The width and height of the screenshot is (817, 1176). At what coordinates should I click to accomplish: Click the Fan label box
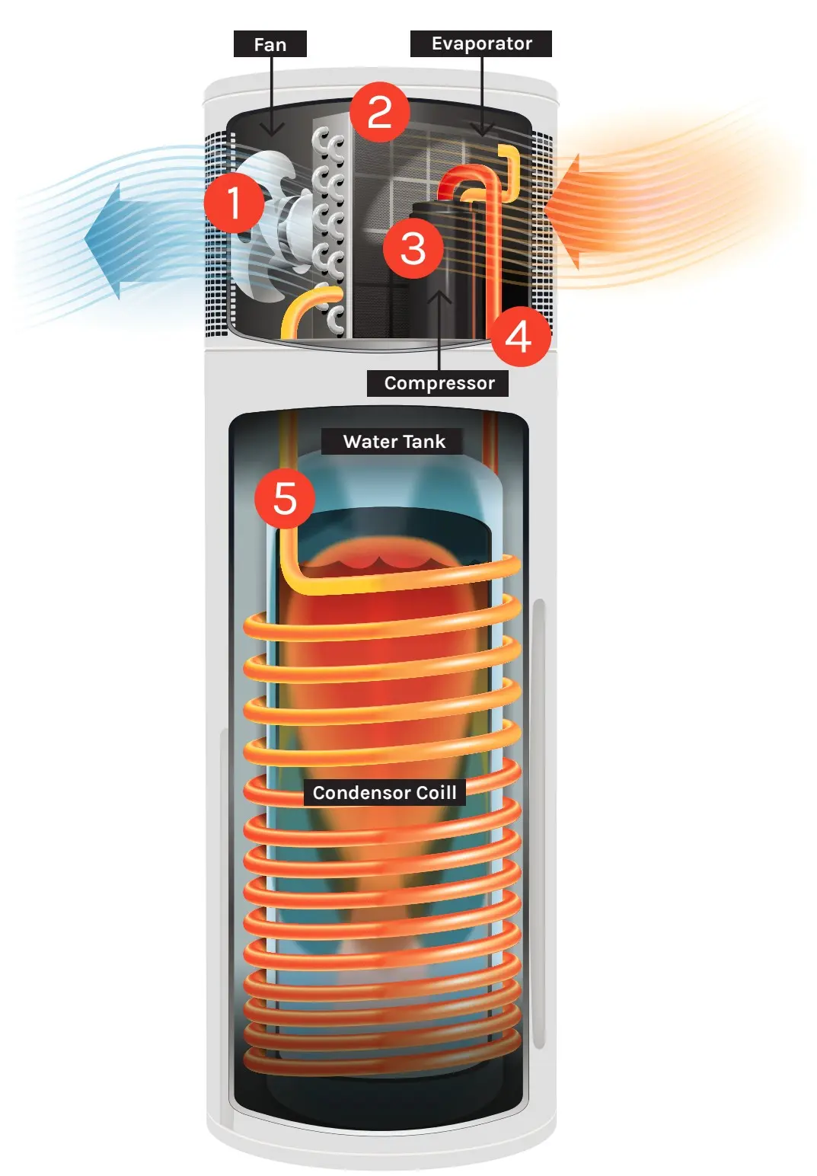pos(270,44)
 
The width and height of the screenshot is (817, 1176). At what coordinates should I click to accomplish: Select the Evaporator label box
pos(480,43)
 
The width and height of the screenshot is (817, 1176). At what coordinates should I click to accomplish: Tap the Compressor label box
pos(438,383)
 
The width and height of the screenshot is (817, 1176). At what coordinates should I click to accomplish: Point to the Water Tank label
pos(393,442)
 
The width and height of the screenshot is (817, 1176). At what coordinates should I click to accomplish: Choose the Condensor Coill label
pos(384,793)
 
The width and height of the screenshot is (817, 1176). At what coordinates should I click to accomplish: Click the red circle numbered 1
pos(234,203)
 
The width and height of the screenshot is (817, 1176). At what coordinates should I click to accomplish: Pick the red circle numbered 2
pos(380,112)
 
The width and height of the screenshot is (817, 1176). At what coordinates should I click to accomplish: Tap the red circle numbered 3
pos(413,248)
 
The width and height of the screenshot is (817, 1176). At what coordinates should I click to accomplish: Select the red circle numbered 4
pos(519,336)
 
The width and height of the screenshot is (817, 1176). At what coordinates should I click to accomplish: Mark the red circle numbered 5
pos(285,498)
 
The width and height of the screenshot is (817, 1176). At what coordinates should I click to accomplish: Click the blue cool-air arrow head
pos(107,241)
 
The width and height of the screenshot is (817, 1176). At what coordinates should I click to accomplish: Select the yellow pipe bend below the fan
pos(301,308)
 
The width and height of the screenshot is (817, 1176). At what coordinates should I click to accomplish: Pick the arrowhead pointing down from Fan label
pos(272,129)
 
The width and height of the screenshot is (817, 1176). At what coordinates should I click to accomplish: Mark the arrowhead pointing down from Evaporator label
pos(482,129)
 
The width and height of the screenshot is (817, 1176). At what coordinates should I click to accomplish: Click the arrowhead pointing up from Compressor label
pos(439,296)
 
